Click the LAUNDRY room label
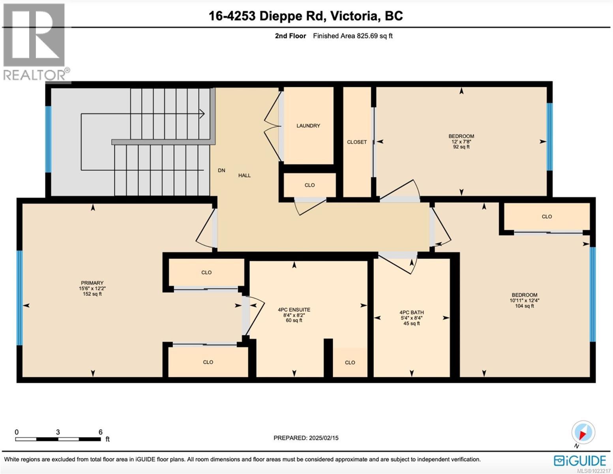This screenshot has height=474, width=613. point(308,126)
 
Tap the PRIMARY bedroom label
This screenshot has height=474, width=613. point(92,283)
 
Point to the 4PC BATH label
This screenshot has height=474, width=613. point(412,312)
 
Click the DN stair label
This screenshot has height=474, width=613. point(221,170)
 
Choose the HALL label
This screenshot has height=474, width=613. point(244,175)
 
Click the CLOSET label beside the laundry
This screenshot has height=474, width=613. point(357,142)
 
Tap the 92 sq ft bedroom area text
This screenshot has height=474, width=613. point(461,147)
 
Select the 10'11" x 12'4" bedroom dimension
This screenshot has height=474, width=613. point(524,300)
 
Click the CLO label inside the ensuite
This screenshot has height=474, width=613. point(350,363)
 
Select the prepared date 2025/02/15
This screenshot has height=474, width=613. point(306,438)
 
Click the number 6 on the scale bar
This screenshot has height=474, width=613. point(101,432)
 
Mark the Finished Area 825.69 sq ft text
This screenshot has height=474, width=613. point(352,36)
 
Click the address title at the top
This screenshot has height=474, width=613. point(306,16)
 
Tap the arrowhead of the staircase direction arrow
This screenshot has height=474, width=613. point(202,114)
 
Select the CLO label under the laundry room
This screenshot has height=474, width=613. point(309,185)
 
